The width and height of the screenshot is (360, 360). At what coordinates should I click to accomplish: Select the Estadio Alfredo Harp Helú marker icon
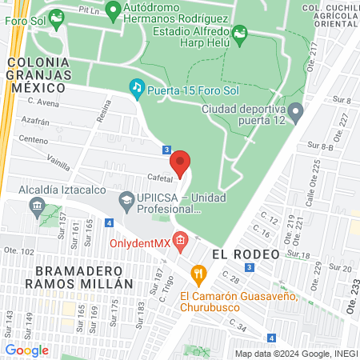click(239, 32)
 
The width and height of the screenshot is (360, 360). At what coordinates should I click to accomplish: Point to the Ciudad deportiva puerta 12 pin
click(296, 110)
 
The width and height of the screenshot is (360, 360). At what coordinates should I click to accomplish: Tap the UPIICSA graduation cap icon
click(126, 198)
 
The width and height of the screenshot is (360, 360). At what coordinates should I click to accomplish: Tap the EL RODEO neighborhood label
click(246, 254)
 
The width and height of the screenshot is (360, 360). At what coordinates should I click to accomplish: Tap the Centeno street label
click(34, 139)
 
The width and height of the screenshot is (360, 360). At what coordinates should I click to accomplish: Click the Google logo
click(26, 350)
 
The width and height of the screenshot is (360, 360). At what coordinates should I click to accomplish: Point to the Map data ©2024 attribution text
click(294, 353)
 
